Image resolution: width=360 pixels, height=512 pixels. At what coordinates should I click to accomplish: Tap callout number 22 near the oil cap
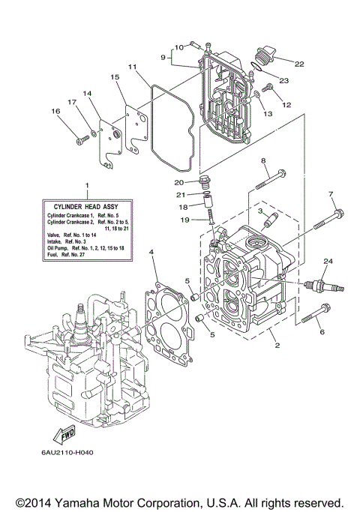pos(300,64)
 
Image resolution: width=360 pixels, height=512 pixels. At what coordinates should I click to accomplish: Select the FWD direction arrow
pos(58,433)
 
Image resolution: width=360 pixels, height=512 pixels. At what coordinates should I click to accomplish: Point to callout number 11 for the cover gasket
pos(131,67)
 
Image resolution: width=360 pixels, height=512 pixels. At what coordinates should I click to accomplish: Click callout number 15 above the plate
pos(115,77)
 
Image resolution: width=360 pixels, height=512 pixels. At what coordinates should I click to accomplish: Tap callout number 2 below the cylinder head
pos(277,346)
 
